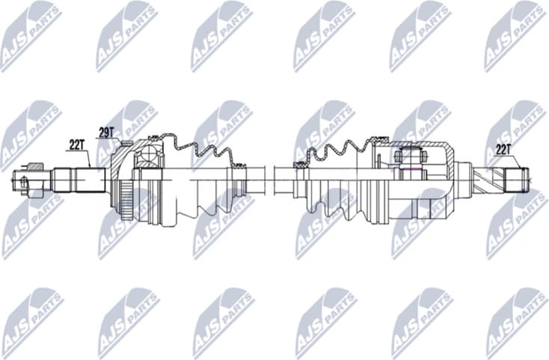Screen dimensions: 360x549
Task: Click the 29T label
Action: click(x=106, y=132)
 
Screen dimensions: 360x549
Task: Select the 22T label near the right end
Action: click(x=503, y=149)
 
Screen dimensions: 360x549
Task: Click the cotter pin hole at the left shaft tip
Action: click(x=24, y=180)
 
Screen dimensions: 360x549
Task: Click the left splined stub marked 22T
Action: click(x=88, y=179)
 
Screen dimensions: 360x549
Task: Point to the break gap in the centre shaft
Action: click(x=271, y=179)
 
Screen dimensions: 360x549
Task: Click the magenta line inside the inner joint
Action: click(x=409, y=171)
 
